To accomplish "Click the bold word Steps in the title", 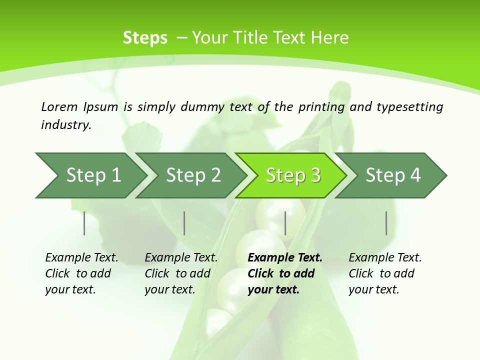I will pos(145,38).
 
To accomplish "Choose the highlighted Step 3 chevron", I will pos(293,175).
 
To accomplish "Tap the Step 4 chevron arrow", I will pos(393,175).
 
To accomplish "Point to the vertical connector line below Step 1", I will pos(84,223).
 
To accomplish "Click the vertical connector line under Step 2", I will pos(184,223).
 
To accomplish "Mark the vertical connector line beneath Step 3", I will pos(285,223).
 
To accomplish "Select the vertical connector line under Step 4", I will pos(386,223).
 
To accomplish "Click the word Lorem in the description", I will pos(59,106).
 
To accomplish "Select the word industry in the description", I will pos(65,125).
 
